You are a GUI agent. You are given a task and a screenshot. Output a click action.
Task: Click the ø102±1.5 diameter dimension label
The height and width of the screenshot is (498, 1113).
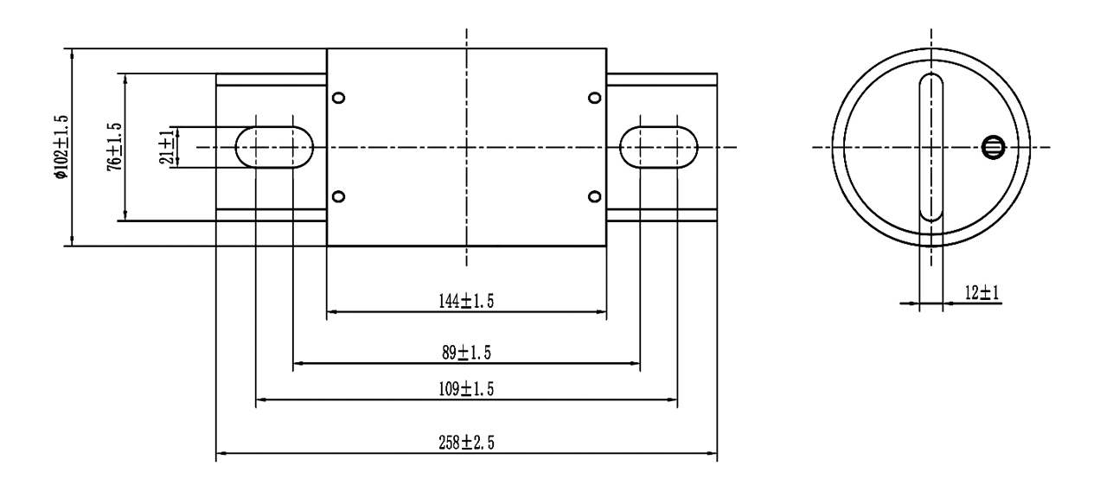(x=61, y=147)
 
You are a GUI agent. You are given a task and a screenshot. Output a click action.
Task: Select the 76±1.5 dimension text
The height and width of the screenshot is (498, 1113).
(x=114, y=147)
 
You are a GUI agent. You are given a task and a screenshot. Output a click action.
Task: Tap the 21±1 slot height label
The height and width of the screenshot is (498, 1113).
(x=167, y=148)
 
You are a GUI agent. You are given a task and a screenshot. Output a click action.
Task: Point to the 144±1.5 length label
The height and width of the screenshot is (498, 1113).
(x=466, y=301)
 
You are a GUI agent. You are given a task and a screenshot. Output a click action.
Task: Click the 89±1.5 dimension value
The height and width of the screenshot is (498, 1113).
(x=466, y=353)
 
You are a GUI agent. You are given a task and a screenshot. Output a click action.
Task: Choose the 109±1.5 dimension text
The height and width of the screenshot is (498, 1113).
(x=466, y=389)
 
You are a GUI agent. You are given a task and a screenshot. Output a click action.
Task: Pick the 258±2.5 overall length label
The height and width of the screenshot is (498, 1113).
(x=466, y=443)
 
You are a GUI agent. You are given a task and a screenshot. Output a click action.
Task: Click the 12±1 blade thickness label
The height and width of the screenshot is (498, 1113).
(x=982, y=293)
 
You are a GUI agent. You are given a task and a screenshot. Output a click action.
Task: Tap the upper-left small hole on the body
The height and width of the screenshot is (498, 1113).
(x=338, y=98)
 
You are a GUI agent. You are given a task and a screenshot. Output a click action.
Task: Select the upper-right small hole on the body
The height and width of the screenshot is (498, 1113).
(x=595, y=98)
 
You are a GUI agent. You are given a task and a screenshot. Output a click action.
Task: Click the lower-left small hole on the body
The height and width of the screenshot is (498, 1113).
(x=338, y=196)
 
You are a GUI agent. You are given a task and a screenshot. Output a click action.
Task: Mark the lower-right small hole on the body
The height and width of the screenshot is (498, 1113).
(x=595, y=196)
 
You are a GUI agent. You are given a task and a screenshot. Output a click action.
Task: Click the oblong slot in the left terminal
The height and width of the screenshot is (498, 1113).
(x=274, y=147)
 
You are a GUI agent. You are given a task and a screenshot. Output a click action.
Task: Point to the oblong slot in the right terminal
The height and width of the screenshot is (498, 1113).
(x=659, y=147)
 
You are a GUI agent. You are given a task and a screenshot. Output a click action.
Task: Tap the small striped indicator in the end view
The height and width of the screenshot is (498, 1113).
(x=994, y=148)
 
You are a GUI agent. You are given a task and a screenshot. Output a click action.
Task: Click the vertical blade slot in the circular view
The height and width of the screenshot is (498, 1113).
(x=931, y=147)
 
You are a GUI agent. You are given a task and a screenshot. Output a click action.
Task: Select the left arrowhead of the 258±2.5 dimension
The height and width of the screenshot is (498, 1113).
(x=221, y=453)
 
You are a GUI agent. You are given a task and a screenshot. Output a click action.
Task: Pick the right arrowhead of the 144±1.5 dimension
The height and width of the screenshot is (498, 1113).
(x=601, y=312)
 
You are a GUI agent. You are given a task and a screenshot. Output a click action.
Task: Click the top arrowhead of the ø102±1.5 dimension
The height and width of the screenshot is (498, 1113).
(x=72, y=54)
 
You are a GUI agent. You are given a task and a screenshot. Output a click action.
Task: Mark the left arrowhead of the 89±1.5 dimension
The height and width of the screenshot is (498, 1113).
(x=299, y=363)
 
